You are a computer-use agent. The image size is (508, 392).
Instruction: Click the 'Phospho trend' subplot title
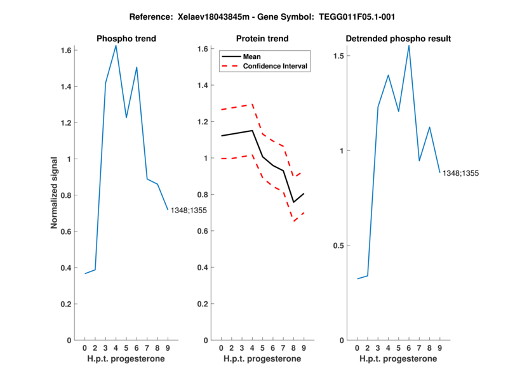point(126,39)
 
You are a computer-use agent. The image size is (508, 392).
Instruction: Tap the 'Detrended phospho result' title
point(398,39)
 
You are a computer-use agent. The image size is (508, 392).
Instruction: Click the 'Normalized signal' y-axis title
point(56,193)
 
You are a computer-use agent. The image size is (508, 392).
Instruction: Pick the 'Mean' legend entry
point(251,56)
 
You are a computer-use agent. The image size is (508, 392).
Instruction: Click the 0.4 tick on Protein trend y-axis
point(203,268)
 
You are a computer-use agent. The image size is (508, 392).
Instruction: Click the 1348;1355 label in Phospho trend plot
point(188,210)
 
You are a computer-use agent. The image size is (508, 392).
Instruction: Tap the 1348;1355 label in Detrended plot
point(460,173)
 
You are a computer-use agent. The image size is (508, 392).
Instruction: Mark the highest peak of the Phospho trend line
point(116,46)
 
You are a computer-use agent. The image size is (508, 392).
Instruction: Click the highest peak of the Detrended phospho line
point(409,45)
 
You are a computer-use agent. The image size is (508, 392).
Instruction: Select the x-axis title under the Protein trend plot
point(262,358)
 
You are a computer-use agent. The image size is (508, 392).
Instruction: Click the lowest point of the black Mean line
point(293,202)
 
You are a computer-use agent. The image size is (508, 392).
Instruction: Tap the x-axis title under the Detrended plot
point(398,358)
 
